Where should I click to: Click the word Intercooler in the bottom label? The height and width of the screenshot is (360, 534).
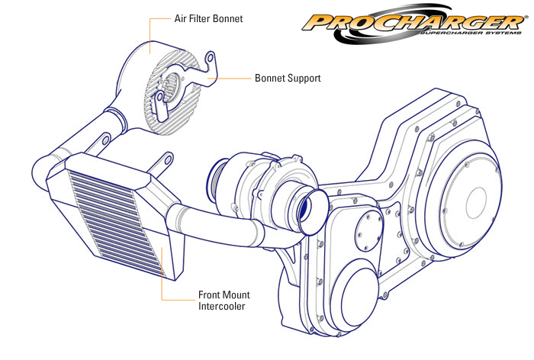(224, 307)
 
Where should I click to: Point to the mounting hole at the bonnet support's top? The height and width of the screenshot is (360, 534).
(211, 58)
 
